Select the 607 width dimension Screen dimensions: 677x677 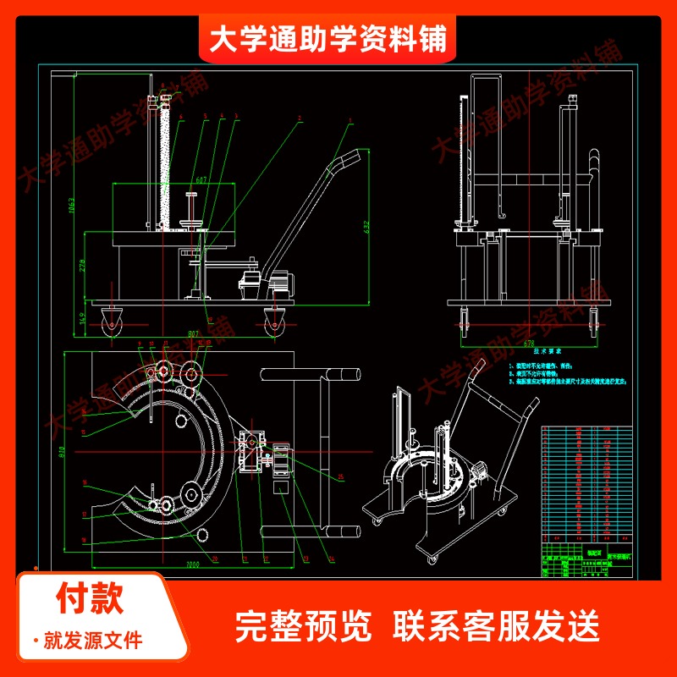(x=201, y=179)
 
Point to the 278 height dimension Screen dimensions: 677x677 (x=82, y=266)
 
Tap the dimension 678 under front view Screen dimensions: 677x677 (x=530, y=344)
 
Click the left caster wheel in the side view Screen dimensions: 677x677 (x=112, y=322)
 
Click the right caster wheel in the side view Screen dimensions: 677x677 (x=274, y=322)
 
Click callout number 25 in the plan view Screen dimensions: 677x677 (x=340, y=476)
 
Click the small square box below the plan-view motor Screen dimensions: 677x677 (x=281, y=488)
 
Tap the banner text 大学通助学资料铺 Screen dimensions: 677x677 (x=328, y=38)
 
